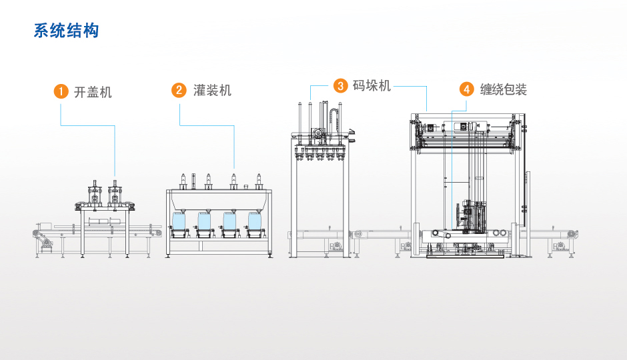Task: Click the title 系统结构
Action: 66,31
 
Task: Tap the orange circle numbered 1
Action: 61,91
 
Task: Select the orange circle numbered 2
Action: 179,90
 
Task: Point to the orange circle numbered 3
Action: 341,85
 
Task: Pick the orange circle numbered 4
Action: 467,89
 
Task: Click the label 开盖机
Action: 93,91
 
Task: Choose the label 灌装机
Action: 212,90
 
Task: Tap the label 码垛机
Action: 372,85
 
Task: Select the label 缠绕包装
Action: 504,89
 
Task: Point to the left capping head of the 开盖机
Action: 94,194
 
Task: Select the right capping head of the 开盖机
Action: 115,194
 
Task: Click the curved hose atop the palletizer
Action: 334,119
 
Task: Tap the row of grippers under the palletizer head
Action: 321,154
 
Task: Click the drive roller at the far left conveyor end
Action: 37,232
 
